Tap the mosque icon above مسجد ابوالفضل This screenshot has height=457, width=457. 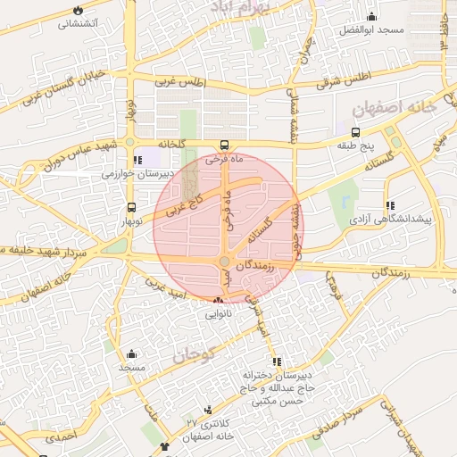371,17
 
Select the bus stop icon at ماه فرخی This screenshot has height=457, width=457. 224,145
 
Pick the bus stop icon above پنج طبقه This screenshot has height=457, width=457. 356,131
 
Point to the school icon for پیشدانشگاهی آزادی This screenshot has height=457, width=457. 390,205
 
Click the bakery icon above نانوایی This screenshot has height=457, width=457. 219,301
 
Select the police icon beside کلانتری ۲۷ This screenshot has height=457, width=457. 209,410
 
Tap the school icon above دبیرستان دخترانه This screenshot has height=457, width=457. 276,361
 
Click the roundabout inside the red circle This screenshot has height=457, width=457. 223,262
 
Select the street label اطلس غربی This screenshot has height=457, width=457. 181,82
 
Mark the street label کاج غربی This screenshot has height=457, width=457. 187,204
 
